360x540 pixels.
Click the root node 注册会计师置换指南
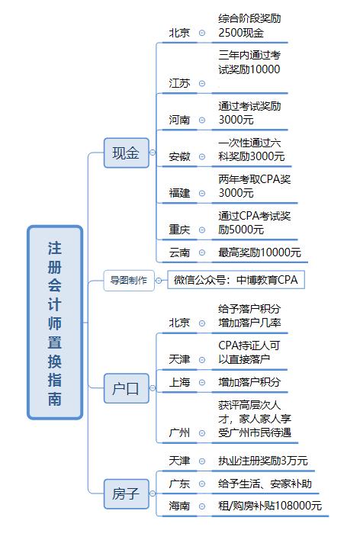coord(55,323)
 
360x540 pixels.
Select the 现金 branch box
coord(127,153)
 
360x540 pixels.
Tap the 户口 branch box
coord(127,388)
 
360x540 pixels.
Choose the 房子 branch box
coord(127,493)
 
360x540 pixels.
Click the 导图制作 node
coord(129,281)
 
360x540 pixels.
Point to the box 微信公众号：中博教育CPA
coord(236,280)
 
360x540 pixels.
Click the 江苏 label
coord(179,83)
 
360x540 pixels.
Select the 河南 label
coord(179,120)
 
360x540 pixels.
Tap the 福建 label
coord(179,193)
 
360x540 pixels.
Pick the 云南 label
coord(179,252)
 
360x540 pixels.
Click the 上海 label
coord(179,382)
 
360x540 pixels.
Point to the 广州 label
coord(179,432)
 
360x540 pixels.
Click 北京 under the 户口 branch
coord(179,323)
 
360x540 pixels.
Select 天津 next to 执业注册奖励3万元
coord(179,461)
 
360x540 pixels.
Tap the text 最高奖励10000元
coord(259,252)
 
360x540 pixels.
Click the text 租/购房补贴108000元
coord(270,506)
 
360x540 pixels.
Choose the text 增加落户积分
coord(249,382)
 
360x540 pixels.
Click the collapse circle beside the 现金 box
coord(153,153)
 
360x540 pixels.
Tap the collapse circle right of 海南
coord(202,506)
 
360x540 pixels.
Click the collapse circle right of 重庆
coord(202,230)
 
